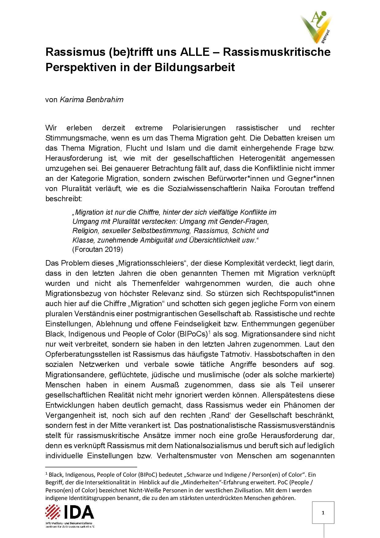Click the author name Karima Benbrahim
pos(91,99)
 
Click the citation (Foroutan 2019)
pos(97,249)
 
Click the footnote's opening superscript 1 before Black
pos(46,473)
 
